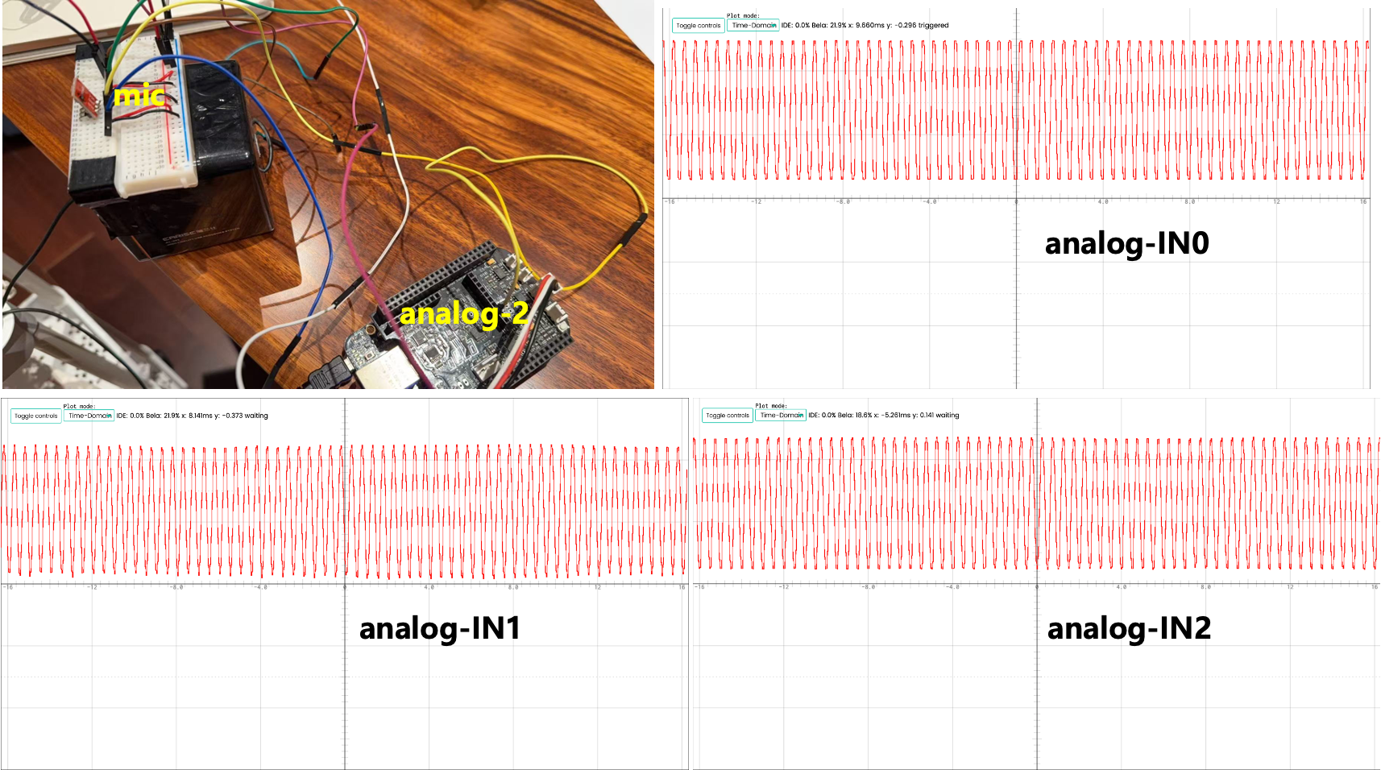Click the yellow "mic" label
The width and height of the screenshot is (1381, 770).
click(x=139, y=96)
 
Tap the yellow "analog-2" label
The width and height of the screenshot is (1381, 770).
click(x=463, y=313)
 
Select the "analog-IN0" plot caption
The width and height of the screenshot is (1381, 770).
click(x=1126, y=243)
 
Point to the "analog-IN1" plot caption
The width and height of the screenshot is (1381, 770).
click(x=440, y=628)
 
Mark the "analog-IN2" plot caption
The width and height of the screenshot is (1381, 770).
click(x=1129, y=628)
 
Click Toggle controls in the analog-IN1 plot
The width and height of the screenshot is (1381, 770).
click(x=36, y=416)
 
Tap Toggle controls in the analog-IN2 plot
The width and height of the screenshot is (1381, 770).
click(x=728, y=416)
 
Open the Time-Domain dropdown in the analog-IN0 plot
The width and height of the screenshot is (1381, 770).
click(x=753, y=26)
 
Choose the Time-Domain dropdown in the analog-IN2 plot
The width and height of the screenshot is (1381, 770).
click(x=781, y=416)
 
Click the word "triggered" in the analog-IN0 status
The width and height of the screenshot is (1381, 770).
click(x=933, y=26)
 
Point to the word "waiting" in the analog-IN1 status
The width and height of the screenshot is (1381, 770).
click(x=256, y=416)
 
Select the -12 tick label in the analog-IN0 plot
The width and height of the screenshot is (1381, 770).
click(x=756, y=202)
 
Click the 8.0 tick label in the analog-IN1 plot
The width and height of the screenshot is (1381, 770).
click(x=513, y=587)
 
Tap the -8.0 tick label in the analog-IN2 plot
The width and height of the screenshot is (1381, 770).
click(x=867, y=587)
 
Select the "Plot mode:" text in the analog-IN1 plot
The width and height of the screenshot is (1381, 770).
click(x=79, y=407)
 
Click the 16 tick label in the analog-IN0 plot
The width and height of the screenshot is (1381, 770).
click(x=1362, y=202)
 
